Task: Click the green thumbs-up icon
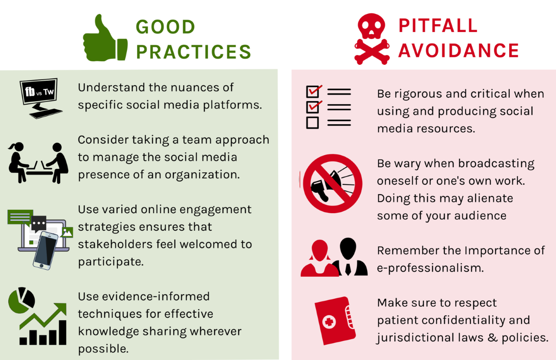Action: [x=104, y=40]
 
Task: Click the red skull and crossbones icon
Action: [x=372, y=39]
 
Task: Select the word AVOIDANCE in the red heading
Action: [x=458, y=51]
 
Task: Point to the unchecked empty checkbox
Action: [x=312, y=122]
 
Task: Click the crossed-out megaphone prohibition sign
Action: [x=333, y=183]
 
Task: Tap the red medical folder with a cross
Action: [x=335, y=321]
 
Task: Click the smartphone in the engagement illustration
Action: [x=46, y=250]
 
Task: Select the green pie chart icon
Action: [x=21, y=300]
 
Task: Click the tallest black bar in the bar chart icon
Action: [x=63, y=332]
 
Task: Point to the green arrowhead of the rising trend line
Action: [x=61, y=309]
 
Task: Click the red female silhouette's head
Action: [x=320, y=250]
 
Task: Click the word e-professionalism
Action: [x=430, y=268]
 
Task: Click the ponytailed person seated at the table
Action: [x=18, y=163]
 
